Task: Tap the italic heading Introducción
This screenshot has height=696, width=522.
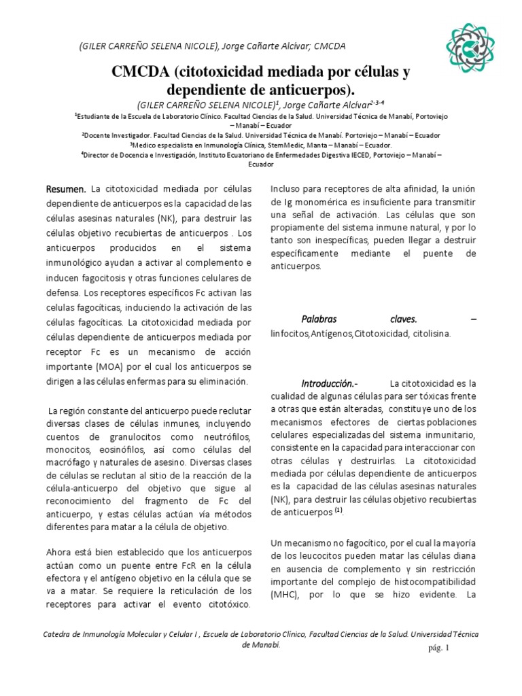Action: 330,383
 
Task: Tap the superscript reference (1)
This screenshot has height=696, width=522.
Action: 337,510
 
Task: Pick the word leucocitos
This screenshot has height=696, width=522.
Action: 309,556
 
